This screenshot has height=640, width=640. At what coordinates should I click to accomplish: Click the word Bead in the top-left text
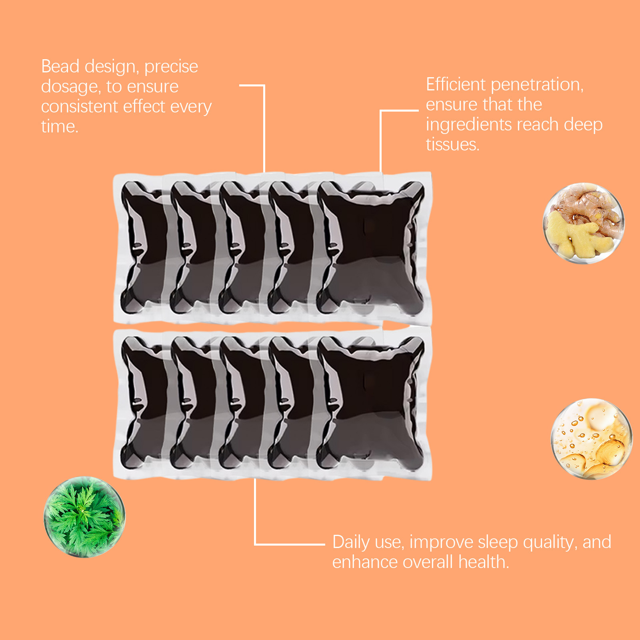click(x=60, y=66)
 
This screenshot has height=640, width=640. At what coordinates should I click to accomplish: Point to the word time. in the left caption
click(x=60, y=126)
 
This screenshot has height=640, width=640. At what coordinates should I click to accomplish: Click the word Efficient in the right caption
click(x=456, y=84)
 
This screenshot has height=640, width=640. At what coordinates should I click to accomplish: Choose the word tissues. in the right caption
click(x=452, y=144)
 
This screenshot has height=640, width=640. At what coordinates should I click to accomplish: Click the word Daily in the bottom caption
click(x=351, y=543)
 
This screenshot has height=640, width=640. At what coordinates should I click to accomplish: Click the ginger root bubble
click(x=583, y=223)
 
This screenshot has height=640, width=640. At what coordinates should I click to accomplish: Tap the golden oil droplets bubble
click(x=592, y=439)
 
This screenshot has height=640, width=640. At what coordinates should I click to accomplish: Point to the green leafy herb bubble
click(x=84, y=517)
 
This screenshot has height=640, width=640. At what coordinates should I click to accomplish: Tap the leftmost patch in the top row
click(x=140, y=248)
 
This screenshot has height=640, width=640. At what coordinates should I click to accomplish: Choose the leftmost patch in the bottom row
click(x=140, y=403)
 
